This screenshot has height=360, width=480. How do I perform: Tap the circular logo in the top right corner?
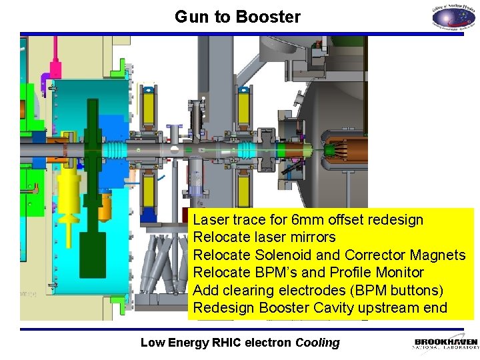(453, 17)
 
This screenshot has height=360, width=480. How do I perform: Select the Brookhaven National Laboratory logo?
(445, 343)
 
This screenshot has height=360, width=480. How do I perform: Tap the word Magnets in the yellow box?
(437, 255)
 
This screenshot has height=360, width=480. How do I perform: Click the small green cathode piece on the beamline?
(328, 151)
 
